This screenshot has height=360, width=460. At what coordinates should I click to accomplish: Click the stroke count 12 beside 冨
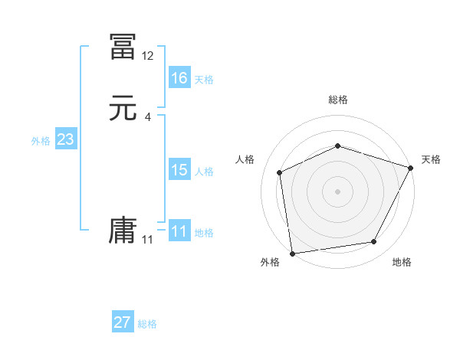click(148, 56)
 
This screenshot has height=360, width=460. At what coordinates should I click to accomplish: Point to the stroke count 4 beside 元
click(148, 117)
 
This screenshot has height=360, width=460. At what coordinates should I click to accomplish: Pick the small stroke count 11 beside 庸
click(147, 240)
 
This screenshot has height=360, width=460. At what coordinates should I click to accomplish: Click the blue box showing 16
click(179, 78)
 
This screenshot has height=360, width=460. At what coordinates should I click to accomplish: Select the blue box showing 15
click(179, 170)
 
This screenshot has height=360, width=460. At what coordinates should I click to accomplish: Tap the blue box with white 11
click(179, 231)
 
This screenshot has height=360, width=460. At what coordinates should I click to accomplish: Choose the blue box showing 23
click(65, 139)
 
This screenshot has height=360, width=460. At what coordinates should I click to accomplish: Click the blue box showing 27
click(122, 322)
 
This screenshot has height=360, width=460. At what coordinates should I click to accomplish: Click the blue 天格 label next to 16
click(203, 80)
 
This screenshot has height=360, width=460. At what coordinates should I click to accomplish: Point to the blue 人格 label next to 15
click(203, 172)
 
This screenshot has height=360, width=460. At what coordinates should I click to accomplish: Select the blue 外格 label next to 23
click(41, 141)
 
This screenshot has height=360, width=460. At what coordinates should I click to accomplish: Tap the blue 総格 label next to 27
click(146, 324)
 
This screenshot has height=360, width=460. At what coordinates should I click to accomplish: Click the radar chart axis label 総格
click(338, 100)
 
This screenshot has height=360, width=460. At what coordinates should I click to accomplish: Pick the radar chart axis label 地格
click(402, 263)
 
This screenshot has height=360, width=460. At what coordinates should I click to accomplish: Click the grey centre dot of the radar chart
click(337, 191)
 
